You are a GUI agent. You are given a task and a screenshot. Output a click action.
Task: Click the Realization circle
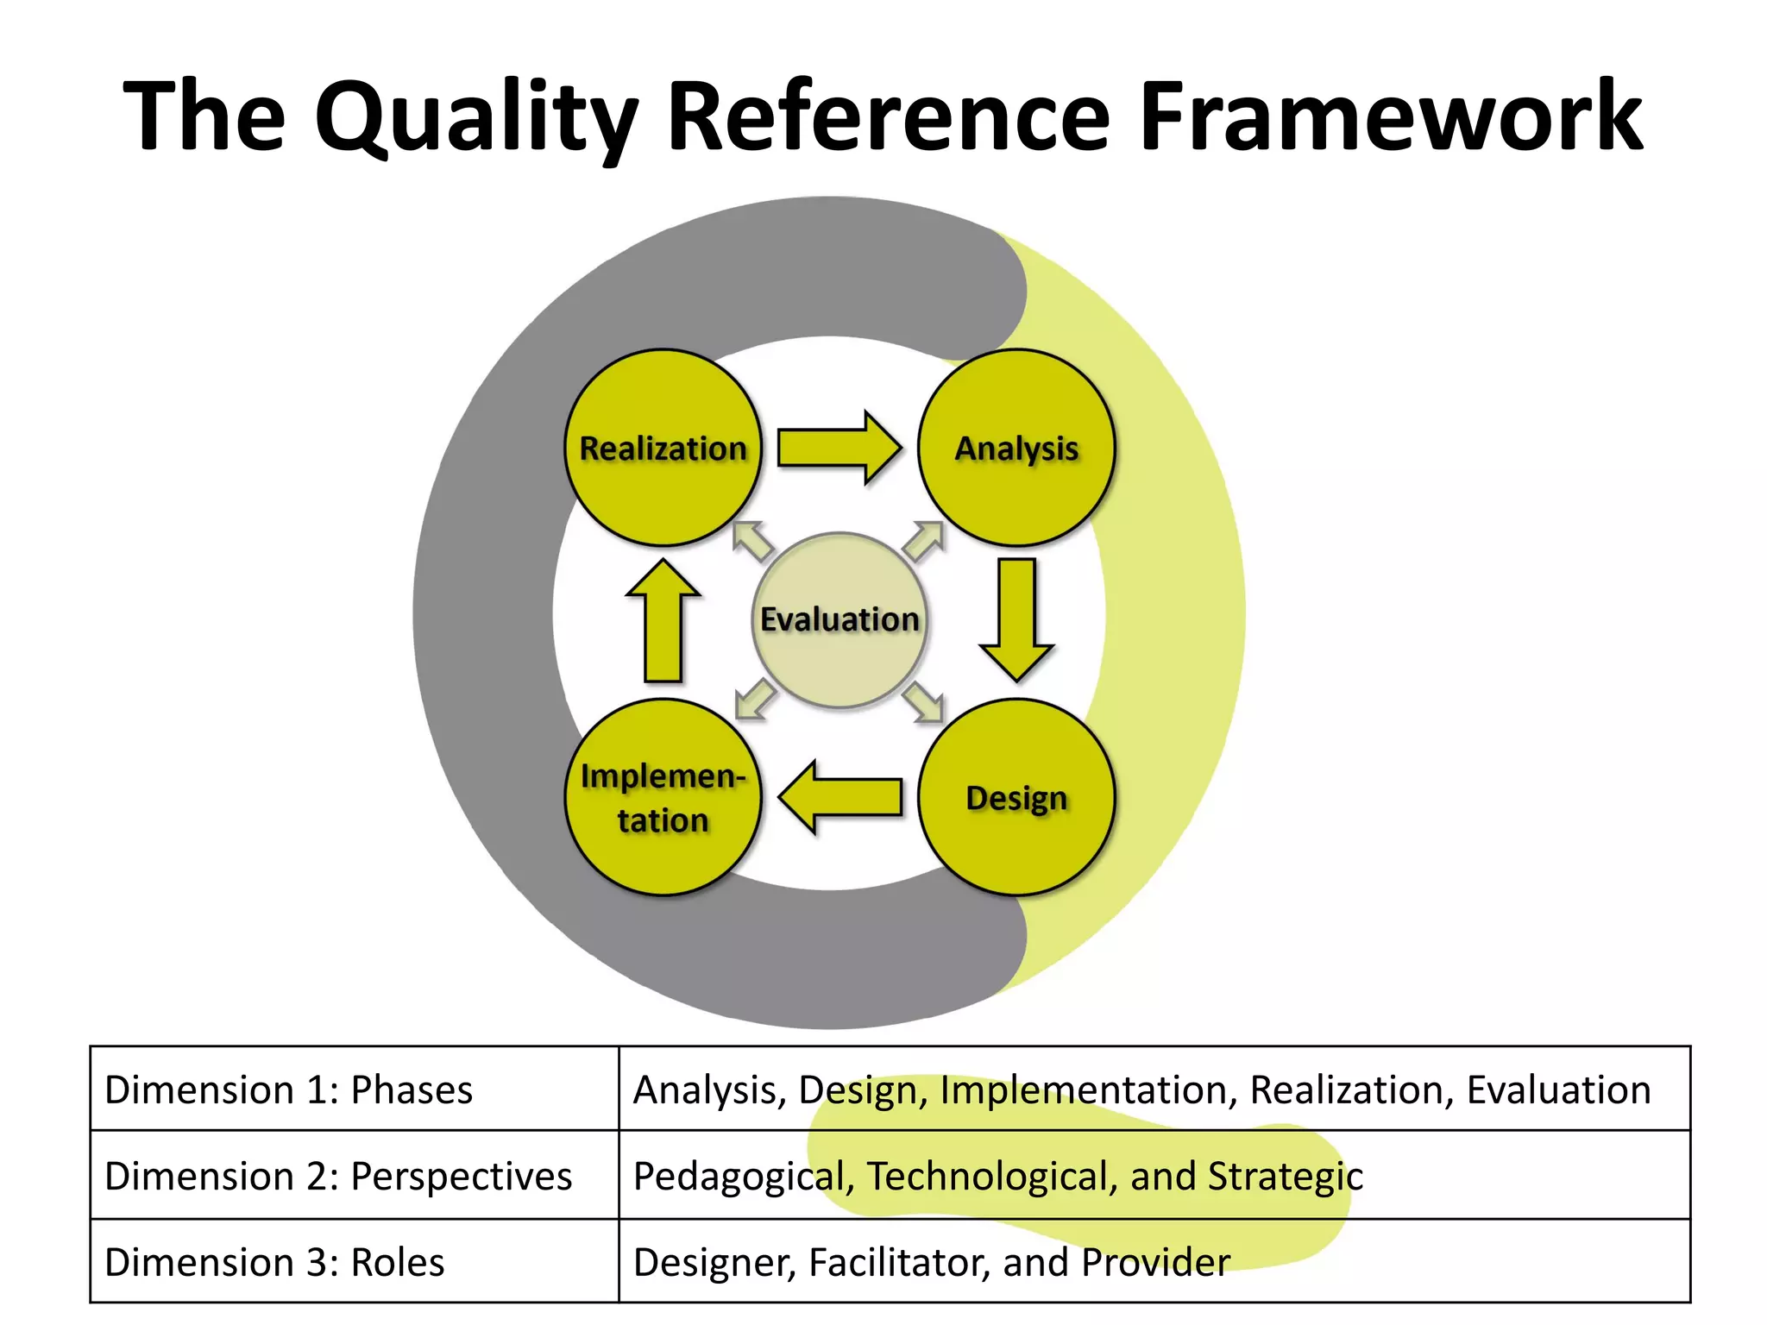pyautogui.click(x=663, y=448)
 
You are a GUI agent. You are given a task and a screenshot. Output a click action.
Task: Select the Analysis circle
pyautogui.click(x=1016, y=448)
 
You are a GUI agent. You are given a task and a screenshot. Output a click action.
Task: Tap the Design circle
pyautogui.click(x=1016, y=797)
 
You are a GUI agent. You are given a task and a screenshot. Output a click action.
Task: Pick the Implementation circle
pyautogui.click(x=663, y=797)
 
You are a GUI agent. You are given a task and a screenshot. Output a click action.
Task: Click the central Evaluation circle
pyautogui.click(x=839, y=620)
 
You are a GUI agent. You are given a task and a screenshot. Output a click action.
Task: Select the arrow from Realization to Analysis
pyautogui.click(x=838, y=448)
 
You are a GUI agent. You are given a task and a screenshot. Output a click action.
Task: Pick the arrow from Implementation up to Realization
pyautogui.click(x=663, y=621)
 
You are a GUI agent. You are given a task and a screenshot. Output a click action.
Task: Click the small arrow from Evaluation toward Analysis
pyautogui.click(x=923, y=541)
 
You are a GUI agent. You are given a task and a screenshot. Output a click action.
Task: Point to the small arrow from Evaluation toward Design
pyautogui.click(x=923, y=701)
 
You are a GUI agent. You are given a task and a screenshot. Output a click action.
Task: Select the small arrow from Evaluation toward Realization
pyautogui.click(x=753, y=542)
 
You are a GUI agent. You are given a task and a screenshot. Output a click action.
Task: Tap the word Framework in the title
pyautogui.click(x=1390, y=116)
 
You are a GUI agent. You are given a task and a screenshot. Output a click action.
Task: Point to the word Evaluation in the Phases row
pyautogui.click(x=1558, y=1090)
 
